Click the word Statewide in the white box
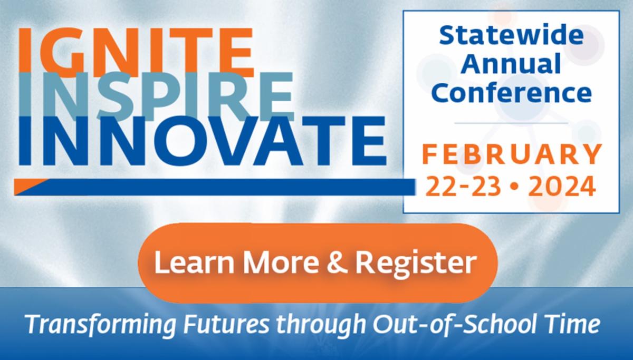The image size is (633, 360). [x=511, y=37]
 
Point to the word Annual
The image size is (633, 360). [x=511, y=65]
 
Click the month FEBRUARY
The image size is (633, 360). [x=511, y=155]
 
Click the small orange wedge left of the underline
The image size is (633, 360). [x=30, y=185]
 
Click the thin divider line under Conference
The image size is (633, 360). [x=511, y=123]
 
